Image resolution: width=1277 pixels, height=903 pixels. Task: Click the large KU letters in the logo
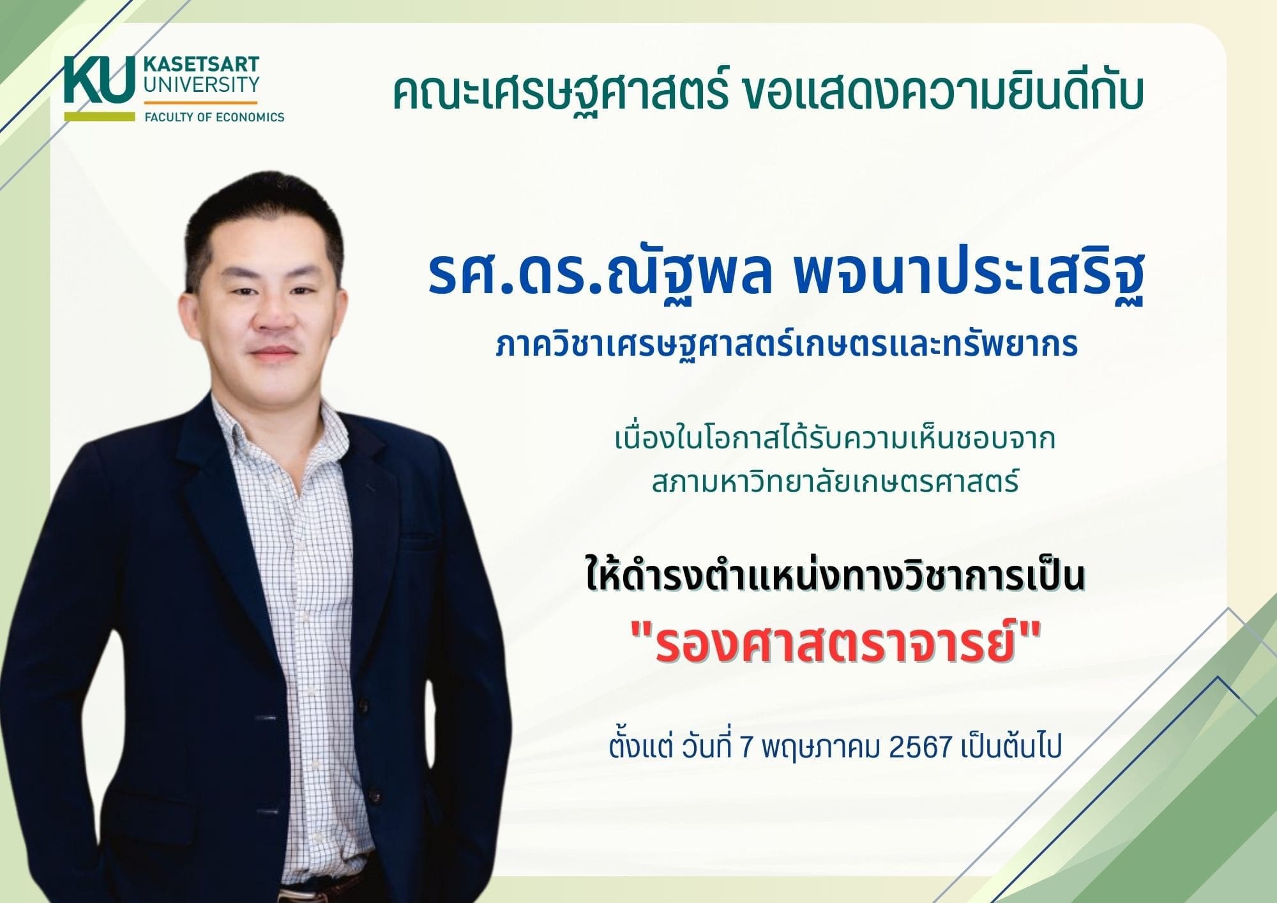click(99, 80)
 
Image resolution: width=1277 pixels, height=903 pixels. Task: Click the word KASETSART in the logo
click(201, 65)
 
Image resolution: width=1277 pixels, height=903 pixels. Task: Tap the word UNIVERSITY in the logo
click(201, 85)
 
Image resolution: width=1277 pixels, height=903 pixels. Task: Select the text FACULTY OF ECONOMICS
click(215, 117)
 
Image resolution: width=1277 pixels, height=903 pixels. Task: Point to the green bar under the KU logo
click(99, 117)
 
